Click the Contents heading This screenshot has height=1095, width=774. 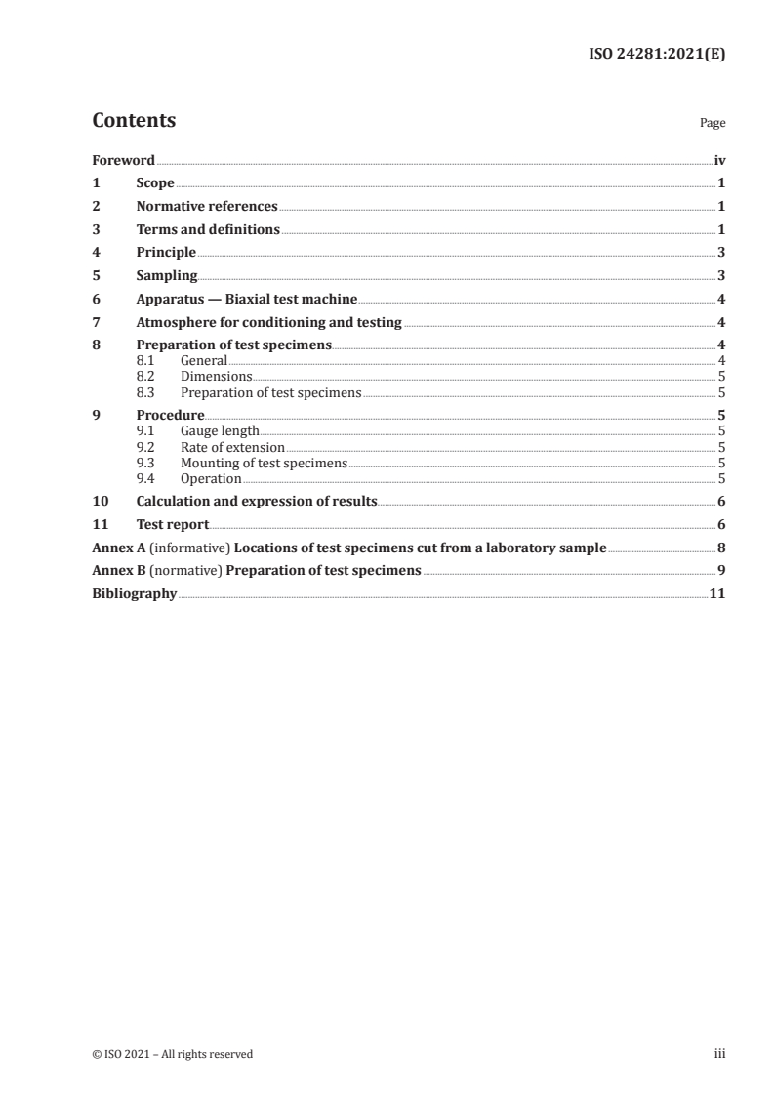point(134,121)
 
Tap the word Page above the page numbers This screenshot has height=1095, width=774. point(713,124)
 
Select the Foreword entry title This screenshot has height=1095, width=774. point(123,160)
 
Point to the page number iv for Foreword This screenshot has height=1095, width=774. point(719,160)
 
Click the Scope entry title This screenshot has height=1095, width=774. point(155,183)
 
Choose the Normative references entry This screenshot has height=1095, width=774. point(207,207)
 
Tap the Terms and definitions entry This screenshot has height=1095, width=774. point(208,230)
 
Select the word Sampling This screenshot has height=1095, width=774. point(167,276)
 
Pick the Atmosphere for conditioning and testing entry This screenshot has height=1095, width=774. point(268,323)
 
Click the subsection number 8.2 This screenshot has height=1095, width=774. point(145,377)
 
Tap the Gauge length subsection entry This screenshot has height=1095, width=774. point(220,430)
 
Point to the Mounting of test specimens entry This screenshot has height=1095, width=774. point(264,464)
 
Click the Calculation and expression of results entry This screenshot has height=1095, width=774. point(257,502)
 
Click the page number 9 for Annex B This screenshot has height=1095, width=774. point(720,571)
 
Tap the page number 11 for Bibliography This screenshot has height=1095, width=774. point(716,594)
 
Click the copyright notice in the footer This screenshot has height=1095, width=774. point(172,1054)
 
